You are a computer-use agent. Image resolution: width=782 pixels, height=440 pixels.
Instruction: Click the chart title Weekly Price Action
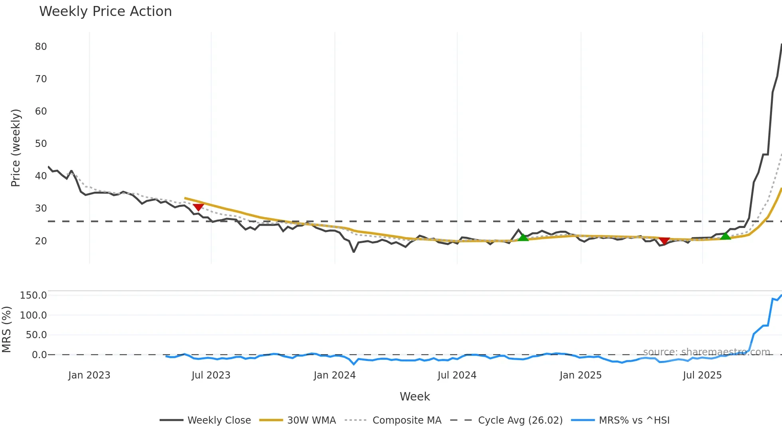[105, 12]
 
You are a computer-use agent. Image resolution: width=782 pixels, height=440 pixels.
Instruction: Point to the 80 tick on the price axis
[41, 47]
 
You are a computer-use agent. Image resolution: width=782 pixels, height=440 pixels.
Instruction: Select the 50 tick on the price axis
[41, 144]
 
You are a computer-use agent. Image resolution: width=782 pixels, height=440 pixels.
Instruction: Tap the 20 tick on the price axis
[41, 241]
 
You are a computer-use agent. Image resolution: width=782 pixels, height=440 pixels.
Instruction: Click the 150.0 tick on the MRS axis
[33, 295]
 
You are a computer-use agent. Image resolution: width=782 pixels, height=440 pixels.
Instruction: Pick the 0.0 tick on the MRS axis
[39, 355]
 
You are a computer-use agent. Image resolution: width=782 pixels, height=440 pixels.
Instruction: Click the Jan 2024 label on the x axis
[334, 375]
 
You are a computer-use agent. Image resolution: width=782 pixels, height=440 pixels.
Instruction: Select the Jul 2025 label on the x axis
[702, 375]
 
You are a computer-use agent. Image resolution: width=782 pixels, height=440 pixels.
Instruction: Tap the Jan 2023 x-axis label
[89, 375]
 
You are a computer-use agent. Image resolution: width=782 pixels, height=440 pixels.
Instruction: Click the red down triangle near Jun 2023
[198, 207]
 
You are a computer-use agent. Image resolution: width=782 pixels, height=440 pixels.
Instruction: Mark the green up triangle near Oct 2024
[523, 238]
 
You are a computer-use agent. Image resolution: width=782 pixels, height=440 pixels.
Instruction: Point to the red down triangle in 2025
[664, 240]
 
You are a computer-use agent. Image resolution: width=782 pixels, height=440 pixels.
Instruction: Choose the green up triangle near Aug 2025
[725, 236]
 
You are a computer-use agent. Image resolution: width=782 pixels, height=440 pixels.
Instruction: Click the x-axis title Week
[415, 396]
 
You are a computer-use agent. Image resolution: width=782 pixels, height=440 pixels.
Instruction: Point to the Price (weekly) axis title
[16, 148]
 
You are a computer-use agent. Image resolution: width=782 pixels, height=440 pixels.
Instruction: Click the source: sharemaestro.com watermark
[706, 352]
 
